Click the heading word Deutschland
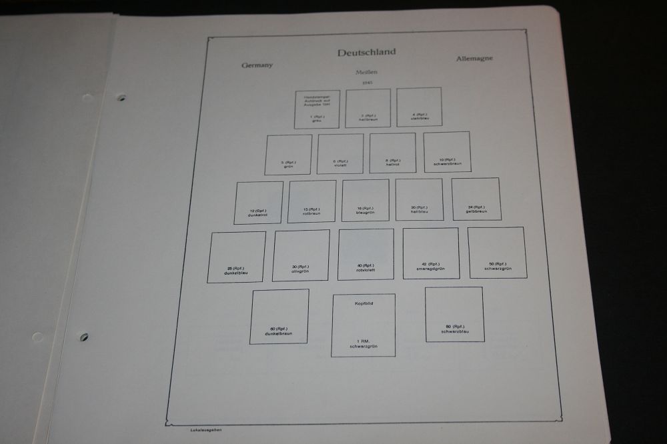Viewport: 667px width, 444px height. [x=366, y=53]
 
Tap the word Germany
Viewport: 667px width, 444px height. [x=257, y=65]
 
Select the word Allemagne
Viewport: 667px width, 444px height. [x=475, y=59]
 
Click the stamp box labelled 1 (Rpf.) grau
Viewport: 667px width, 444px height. [x=317, y=109]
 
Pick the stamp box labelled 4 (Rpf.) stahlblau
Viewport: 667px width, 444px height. [x=419, y=107]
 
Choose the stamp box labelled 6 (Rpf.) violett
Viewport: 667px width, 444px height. [x=340, y=154]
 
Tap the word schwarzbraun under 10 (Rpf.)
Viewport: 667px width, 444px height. [x=447, y=163]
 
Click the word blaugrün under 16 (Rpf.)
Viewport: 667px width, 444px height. [x=366, y=213]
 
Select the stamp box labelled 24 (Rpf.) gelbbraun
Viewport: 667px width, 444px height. [x=476, y=199]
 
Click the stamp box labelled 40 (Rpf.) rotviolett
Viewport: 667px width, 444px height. [x=366, y=254]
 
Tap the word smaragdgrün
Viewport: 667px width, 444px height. [x=430, y=268]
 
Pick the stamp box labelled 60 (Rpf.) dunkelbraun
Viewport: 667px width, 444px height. [x=279, y=316]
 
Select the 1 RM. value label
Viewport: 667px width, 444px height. [x=363, y=341]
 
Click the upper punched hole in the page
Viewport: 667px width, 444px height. [x=121, y=98]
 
